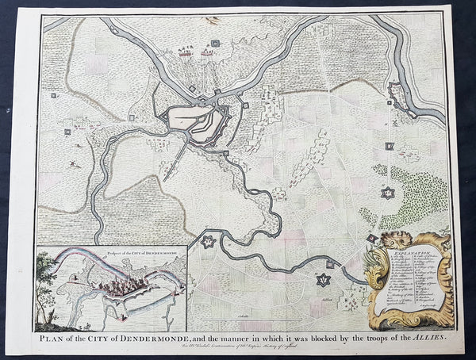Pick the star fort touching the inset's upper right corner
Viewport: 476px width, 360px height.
208,241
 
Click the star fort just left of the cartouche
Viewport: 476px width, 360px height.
323,279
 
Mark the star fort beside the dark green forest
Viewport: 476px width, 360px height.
387,193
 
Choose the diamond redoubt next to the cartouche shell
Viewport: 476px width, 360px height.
372,238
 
